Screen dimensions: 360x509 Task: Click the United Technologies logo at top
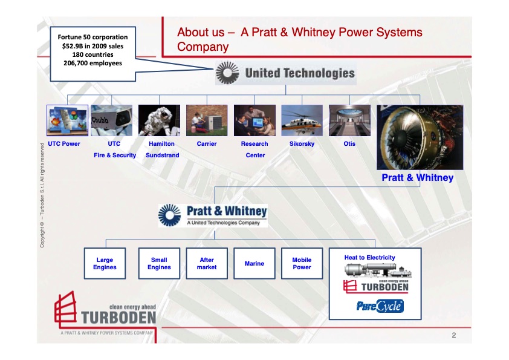point(285,74)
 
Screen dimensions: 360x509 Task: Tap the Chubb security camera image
point(111,120)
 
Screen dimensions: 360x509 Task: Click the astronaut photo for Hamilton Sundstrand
point(159,120)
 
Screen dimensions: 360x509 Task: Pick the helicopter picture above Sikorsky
point(302,120)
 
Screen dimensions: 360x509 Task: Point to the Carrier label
point(207,144)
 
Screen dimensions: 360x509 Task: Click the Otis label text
point(349,144)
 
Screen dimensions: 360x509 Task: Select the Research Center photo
point(254,120)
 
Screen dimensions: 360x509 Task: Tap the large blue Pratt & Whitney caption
point(417,178)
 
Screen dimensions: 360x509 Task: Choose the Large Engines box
point(105,263)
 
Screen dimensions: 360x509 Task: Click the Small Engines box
point(159,263)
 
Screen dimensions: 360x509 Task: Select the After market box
point(207,263)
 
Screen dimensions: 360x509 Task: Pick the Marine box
point(254,263)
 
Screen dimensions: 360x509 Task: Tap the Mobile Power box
point(302,263)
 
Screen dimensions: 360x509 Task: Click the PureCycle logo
point(380,307)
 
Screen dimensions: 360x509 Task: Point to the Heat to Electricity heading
point(369,258)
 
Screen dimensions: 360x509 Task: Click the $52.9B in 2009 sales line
point(92,45)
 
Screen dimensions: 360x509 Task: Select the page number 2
point(453,335)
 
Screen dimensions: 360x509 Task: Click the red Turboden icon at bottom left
point(66,309)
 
